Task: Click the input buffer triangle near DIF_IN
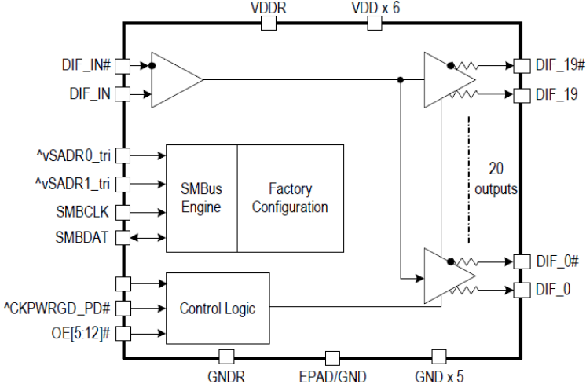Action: [x=174, y=79]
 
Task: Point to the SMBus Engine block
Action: [x=200, y=198]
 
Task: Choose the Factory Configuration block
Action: [x=290, y=198]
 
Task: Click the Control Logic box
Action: [x=217, y=309]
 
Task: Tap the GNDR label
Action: [x=226, y=376]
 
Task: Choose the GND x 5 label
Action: [x=440, y=376]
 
